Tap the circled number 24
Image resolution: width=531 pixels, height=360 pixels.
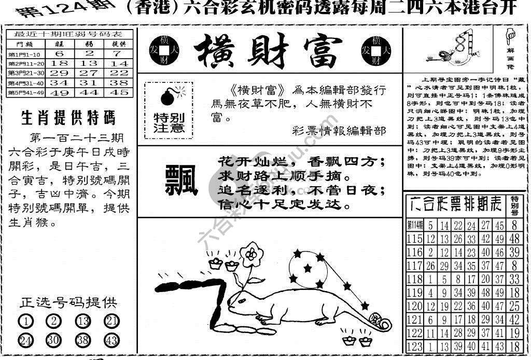point(25,341)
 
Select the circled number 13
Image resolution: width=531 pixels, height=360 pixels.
point(82,321)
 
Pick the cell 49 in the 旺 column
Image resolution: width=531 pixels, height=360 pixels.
point(59,92)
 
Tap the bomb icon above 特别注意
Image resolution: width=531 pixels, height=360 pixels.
point(169,96)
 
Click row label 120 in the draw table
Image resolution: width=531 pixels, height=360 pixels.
point(414,306)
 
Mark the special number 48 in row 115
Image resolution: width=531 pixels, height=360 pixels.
point(514,239)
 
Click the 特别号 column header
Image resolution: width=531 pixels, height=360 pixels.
point(514,205)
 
